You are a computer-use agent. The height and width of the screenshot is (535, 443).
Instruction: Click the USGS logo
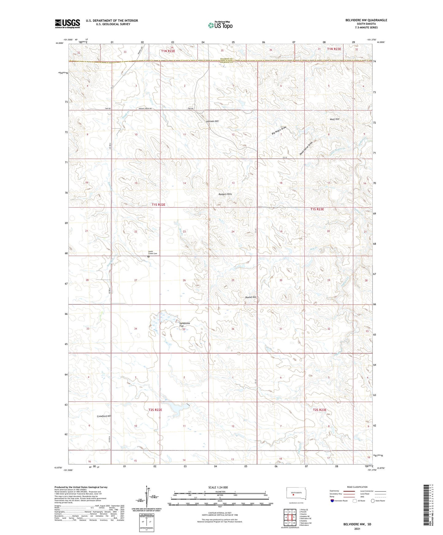pos(67,24)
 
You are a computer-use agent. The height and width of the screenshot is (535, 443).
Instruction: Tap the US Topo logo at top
pos(220,25)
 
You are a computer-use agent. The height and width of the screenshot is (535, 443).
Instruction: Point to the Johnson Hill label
pos(212,121)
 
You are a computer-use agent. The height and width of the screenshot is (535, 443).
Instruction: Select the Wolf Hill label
pos(334,119)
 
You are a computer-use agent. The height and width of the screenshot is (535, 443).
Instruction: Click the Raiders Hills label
pos(225,194)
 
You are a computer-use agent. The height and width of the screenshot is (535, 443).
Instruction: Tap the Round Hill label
pos(250,297)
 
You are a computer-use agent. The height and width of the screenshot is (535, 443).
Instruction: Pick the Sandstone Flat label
pos(185,324)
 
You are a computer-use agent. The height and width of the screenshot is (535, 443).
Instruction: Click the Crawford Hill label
pos(104,416)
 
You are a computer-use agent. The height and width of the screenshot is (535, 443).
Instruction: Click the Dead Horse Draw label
pos(306,149)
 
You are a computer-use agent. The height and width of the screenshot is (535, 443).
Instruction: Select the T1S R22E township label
pos(158,204)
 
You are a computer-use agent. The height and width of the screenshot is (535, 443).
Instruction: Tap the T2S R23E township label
pos(319,410)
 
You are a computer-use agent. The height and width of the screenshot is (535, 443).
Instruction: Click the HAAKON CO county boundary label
pos(227,59)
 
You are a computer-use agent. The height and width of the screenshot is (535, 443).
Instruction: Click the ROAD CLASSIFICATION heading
pos(357,487)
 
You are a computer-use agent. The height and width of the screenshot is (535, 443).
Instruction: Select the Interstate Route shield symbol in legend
pos(332,501)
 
